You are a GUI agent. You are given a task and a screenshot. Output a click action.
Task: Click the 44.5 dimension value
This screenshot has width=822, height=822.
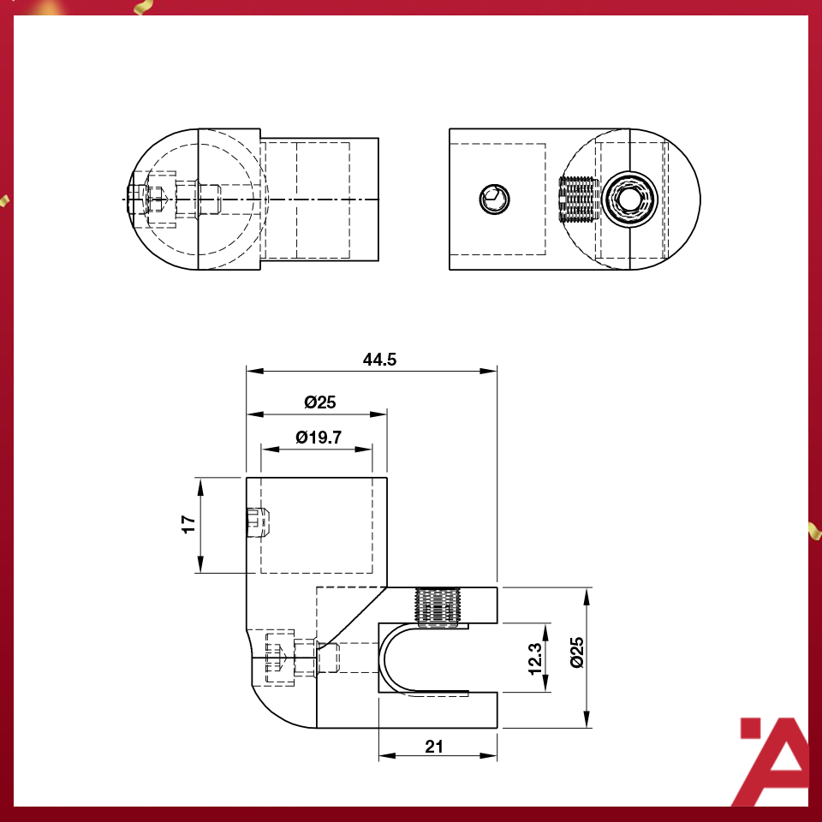(379, 360)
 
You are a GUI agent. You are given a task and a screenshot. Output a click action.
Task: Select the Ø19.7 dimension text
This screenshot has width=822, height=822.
(319, 437)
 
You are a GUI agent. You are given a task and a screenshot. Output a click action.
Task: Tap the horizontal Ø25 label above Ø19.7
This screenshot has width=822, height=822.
(319, 402)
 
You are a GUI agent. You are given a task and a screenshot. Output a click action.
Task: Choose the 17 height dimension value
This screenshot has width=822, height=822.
(188, 524)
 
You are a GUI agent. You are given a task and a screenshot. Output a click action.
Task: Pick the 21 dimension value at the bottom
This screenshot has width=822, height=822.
(434, 747)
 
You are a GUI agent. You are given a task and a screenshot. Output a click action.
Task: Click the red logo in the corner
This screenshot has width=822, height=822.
(773, 760)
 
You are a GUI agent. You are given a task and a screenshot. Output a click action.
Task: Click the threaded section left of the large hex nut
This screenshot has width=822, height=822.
(576, 200)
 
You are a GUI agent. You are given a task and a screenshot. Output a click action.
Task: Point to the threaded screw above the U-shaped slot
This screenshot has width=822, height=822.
(437, 608)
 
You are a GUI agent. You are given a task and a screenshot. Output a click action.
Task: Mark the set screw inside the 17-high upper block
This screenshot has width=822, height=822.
(257, 522)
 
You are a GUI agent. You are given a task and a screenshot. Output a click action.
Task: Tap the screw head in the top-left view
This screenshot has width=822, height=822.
(147, 200)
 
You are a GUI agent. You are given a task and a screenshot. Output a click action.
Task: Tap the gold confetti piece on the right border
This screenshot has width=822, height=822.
(813, 530)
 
